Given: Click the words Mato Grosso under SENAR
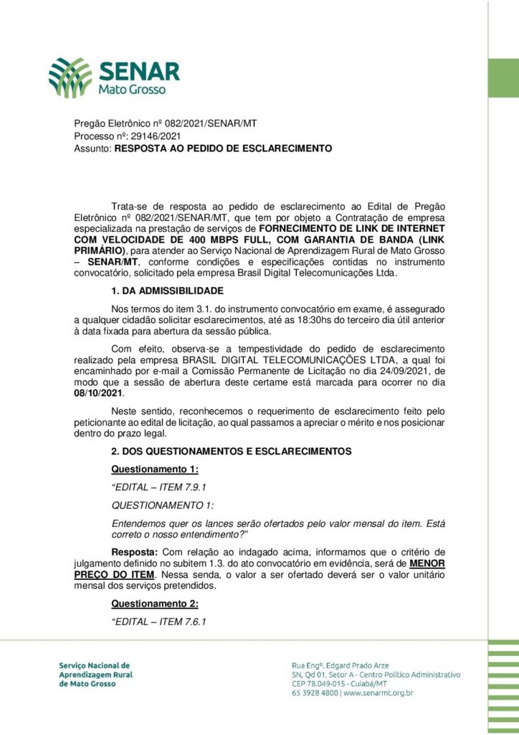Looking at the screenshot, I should (x=132, y=91).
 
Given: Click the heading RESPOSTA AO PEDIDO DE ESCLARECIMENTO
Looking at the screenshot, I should (x=223, y=149).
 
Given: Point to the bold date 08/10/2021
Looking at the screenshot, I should (x=99, y=393).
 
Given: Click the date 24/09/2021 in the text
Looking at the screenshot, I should (x=392, y=371).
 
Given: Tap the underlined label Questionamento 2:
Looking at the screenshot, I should (x=155, y=604).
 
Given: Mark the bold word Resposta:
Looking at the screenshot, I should (x=135, y=552).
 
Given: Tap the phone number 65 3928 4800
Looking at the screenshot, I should (x=315, y=693).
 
